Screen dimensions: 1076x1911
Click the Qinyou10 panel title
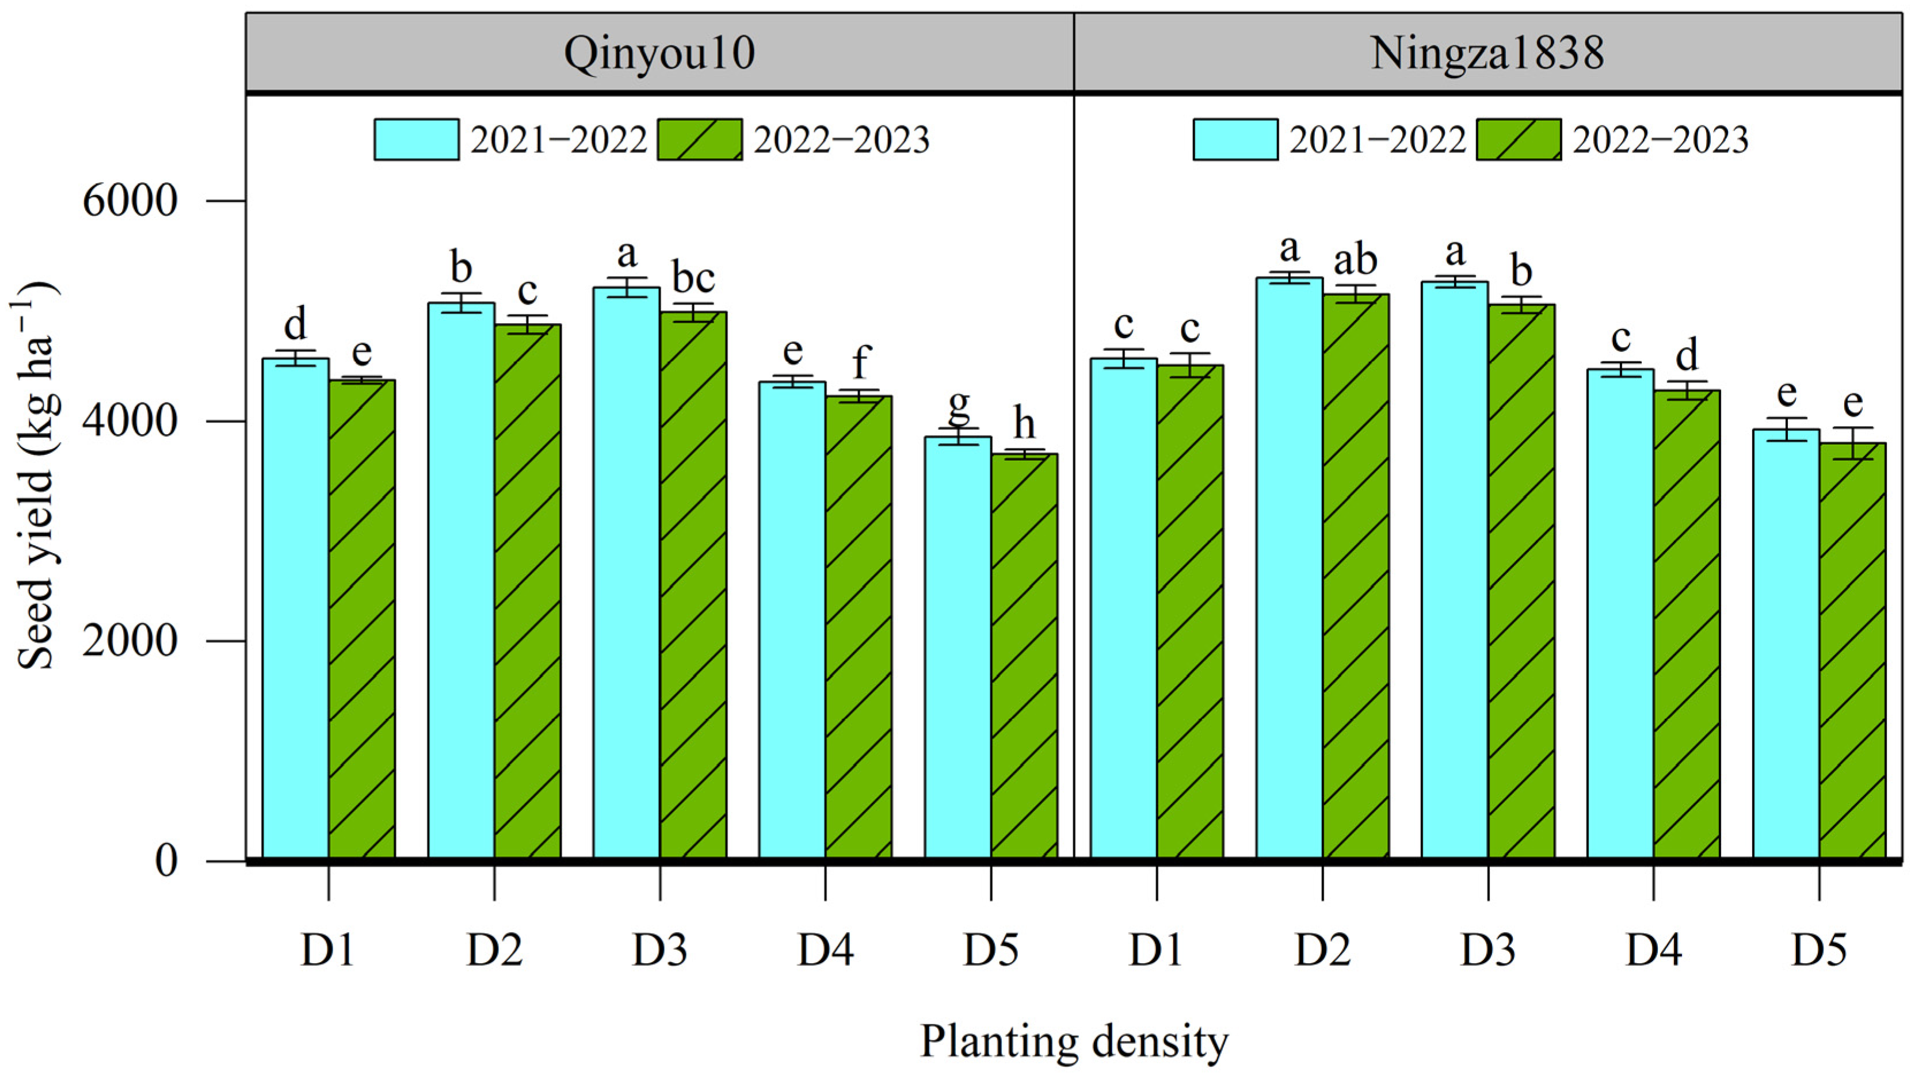[x=659, y=53]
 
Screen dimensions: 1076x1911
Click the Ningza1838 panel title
[x=1487, y=53]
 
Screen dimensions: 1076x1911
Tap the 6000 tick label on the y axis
[x=130, y=200]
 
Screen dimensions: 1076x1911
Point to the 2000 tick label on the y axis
[x=130, y=641]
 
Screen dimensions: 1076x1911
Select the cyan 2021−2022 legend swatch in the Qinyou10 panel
[x=416, y=139]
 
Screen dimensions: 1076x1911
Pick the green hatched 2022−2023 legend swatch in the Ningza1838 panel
[x=1519, y=139]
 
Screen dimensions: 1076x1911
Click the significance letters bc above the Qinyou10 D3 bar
[x=693, y=278]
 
